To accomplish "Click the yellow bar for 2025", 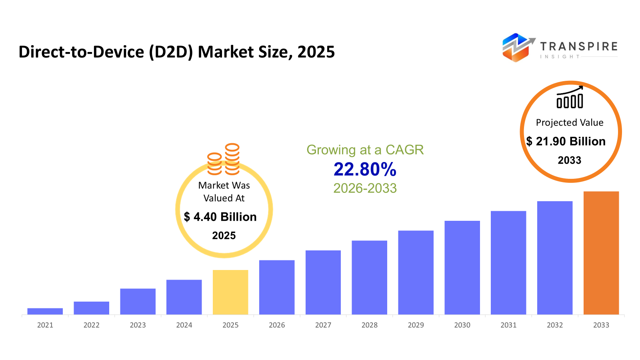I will point(230,292).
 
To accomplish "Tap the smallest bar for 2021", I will point(45,311).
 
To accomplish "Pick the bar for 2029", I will point(416,272).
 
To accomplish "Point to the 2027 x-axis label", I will point(323,325).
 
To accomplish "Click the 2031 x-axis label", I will point(508,325).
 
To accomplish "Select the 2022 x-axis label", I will point(91,325).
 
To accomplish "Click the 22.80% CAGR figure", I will point(365,169).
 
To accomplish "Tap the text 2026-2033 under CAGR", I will point(365,188).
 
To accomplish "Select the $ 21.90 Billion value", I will point(566,141).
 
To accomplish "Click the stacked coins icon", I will point(223,159).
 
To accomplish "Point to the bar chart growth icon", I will point(570,98).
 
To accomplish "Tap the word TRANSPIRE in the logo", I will point(579,46).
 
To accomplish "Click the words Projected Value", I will point(570,122).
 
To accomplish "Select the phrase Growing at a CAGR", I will point(365,150).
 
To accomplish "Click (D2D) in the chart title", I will point(171,52).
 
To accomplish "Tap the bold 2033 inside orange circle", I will point(570,160).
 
